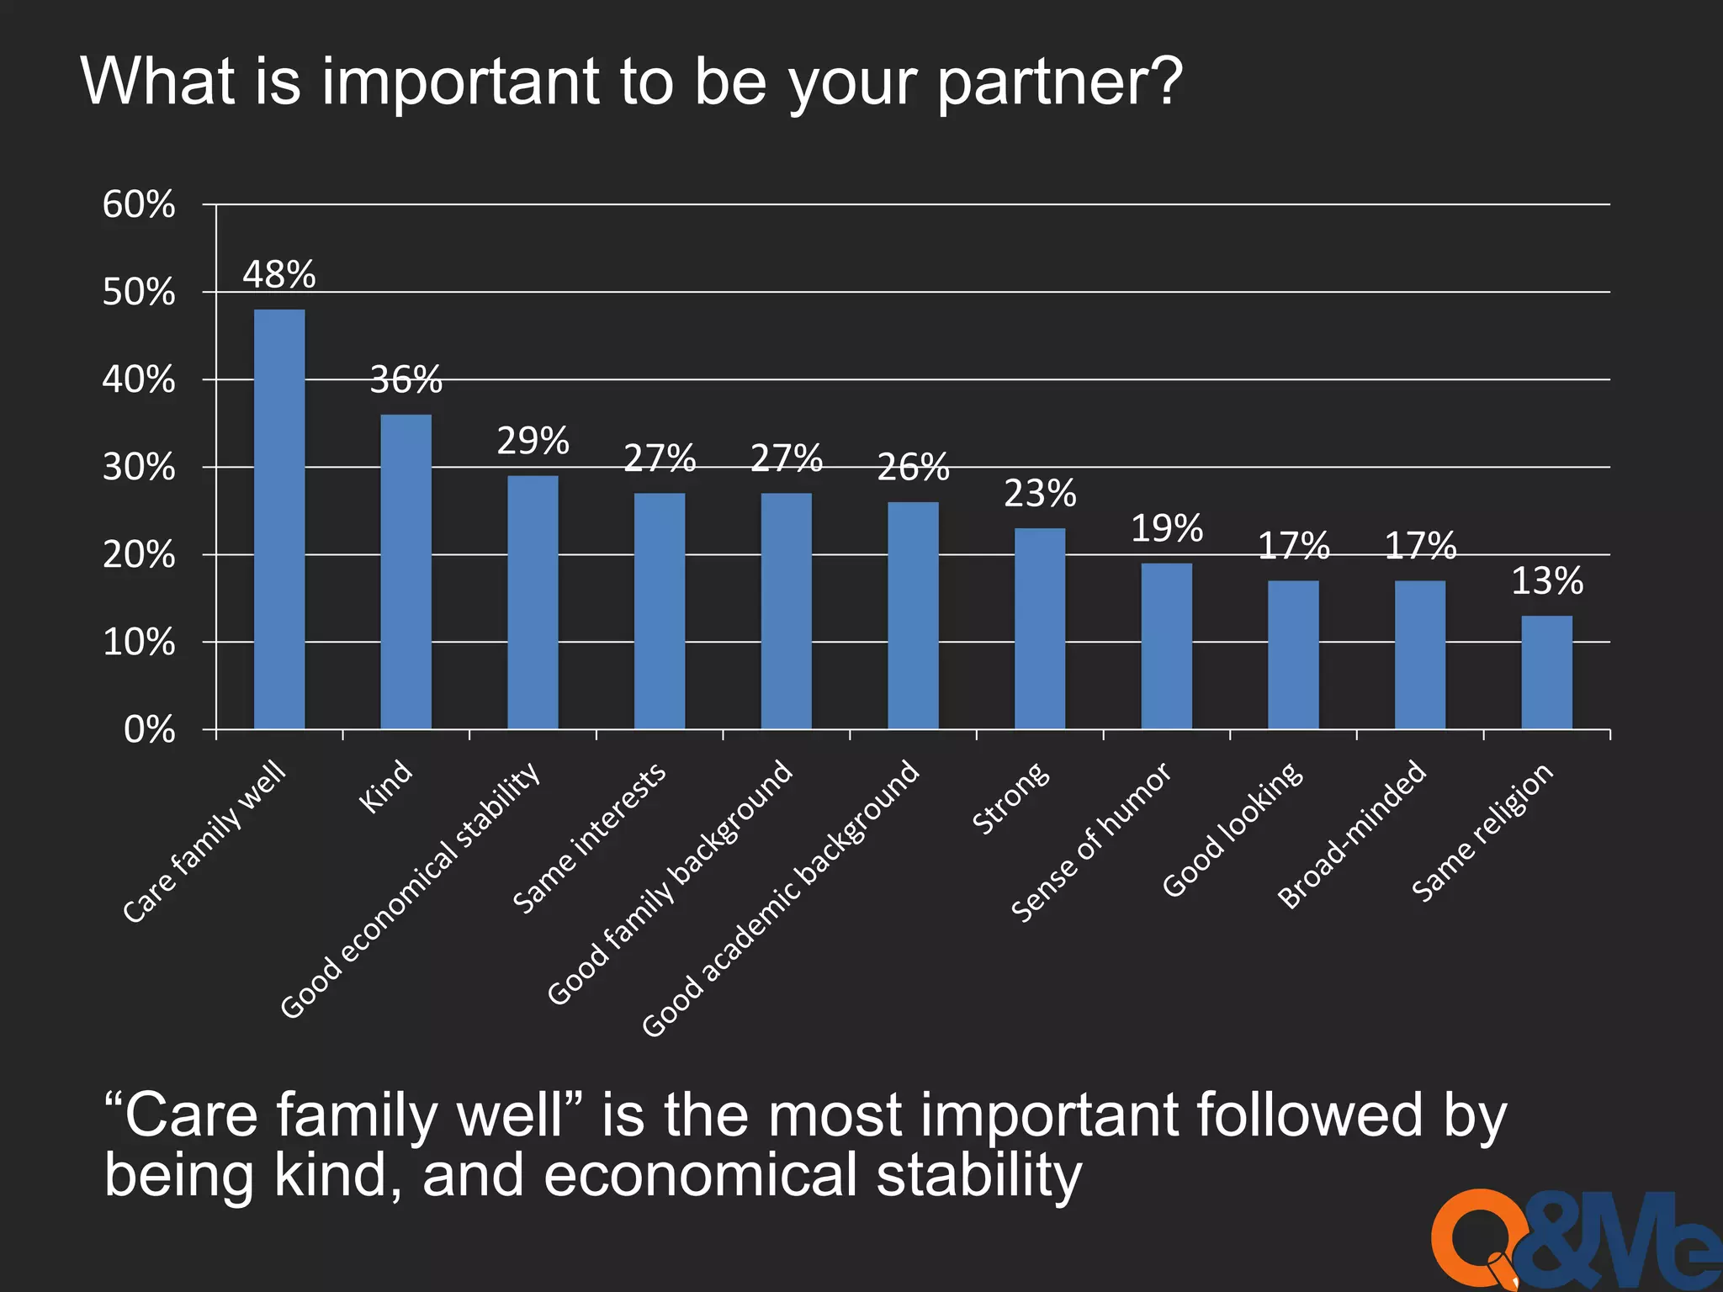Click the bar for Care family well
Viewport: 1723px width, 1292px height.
pos(279,519)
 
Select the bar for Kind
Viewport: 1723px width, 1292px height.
pos(406,571)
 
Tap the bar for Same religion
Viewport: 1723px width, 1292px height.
pos(1546,672)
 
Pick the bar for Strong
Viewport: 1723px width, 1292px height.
pos(1039,628)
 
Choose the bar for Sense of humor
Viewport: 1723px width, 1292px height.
pos(1166,646)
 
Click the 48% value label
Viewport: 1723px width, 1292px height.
pos(279,275)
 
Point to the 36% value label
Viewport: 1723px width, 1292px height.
pos(406,380)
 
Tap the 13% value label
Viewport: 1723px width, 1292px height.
pos(1546,581)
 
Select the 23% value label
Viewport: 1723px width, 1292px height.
pos(1040,494)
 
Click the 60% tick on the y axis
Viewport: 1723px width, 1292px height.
pos(139,204)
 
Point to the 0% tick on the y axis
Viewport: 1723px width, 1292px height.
pos(149,729)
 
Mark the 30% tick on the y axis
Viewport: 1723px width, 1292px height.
pos(139,467)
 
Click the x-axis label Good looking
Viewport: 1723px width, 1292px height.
pos(1233,829)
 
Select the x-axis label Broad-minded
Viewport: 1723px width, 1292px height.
pos(1352,834)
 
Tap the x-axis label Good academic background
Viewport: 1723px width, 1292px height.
pos(781,898)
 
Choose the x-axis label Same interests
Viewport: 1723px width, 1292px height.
pos(589,838)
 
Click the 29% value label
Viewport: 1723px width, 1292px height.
pos(533,442)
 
